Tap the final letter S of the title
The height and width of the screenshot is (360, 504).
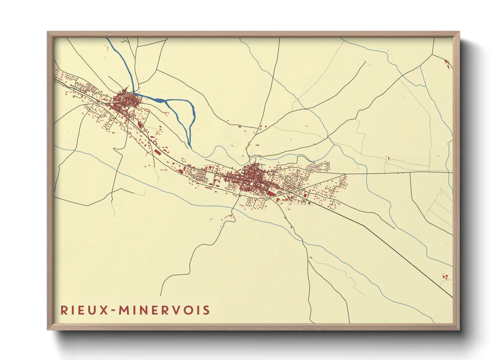coord(206,310)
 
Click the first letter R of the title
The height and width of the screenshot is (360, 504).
coord(64,310)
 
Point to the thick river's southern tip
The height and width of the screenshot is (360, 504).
coord(190,147)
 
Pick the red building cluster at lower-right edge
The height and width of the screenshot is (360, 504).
coord(444,277)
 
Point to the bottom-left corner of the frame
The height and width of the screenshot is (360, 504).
coord(48,329)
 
